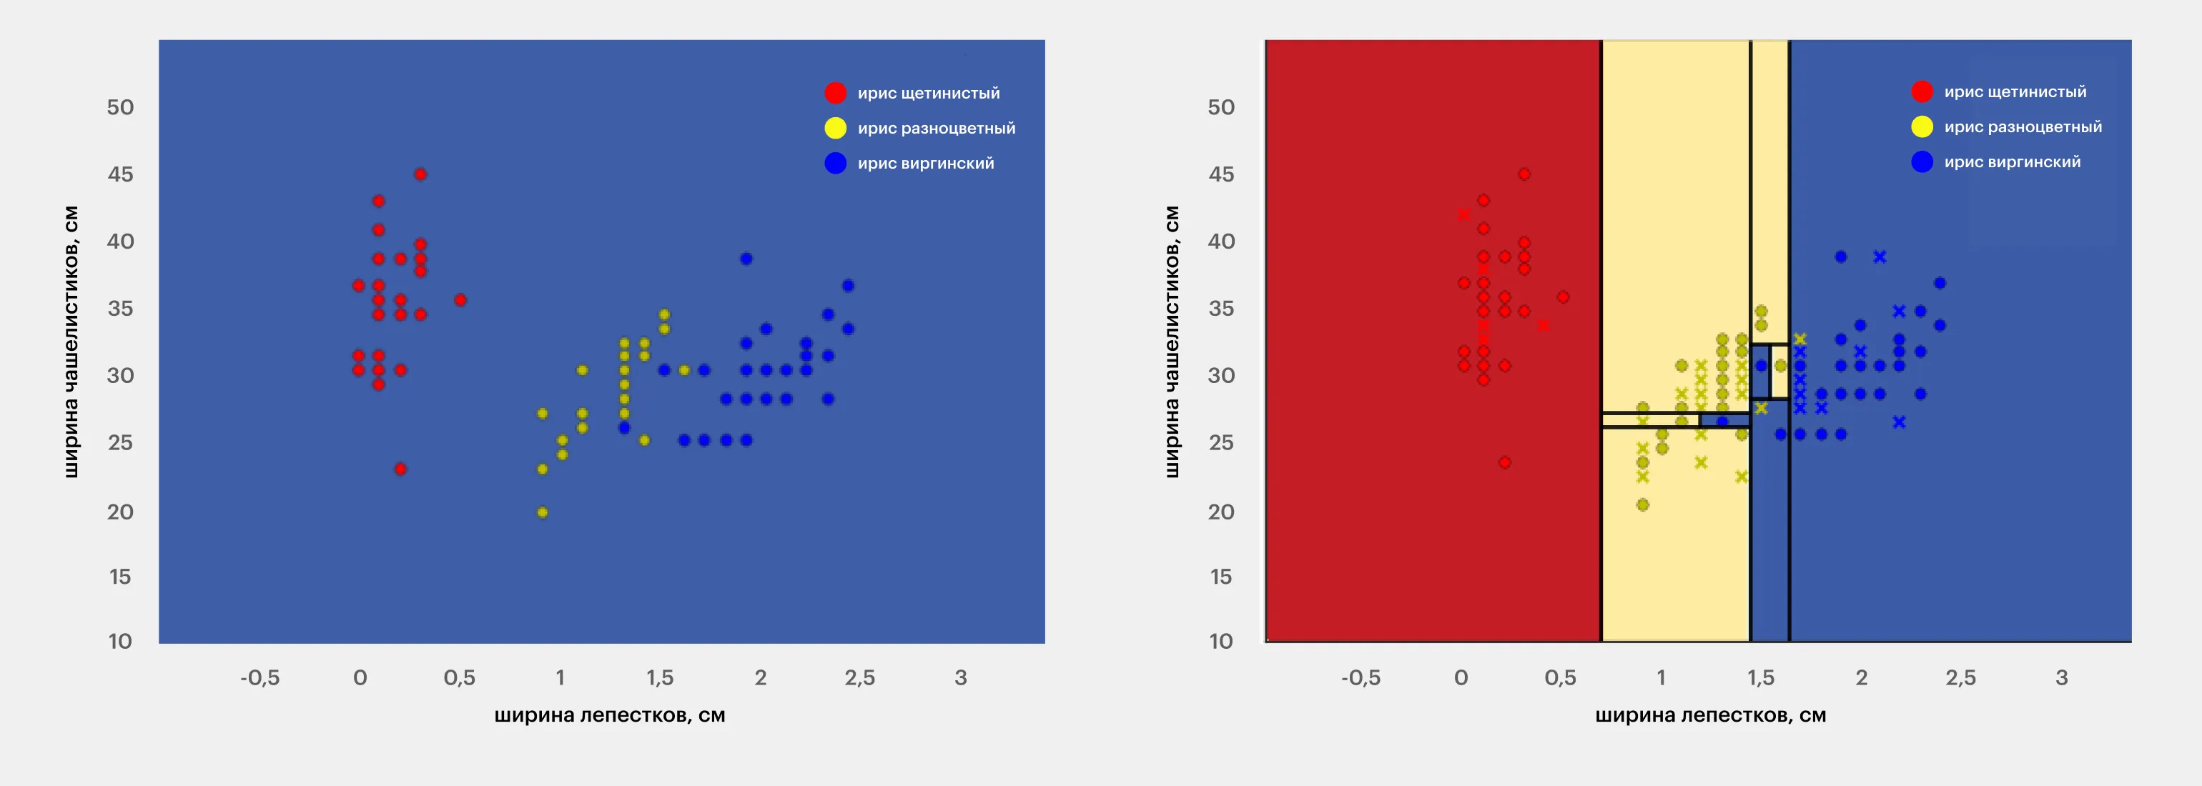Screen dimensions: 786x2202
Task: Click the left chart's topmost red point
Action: click(x=420, y=174)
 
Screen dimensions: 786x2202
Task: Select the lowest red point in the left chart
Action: click(x=400, y=469)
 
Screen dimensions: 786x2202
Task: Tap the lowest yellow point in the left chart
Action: click(x=542, y=512)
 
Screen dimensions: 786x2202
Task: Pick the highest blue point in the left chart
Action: click(x=746, y=259)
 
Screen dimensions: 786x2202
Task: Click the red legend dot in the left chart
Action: click(x=835, y=93)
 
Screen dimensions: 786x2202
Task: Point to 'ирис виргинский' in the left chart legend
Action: click(x=926, y=163)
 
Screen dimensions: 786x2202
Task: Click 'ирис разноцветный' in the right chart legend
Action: click(x=2023, y=127)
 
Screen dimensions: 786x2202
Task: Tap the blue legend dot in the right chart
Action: click(x=1922, y=161)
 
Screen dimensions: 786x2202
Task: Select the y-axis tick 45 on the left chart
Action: click(x=121, y=174)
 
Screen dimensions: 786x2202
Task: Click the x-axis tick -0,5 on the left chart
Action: click(x=260, y=677)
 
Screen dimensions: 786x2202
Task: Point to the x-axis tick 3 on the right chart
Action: click(x=2061, y=677)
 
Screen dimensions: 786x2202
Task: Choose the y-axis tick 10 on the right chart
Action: click(x=1220, y=641)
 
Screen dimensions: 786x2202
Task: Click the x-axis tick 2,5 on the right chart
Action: click(x=1960, y=677)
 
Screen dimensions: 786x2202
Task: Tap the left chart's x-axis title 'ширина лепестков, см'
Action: click(x=609, y=715)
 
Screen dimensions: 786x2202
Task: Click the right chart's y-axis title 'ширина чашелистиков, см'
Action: click(x=1172, y=342)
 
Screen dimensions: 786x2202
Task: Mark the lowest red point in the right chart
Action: click(x=1504, y=462)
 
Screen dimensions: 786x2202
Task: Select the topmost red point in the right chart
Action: click(x=1524, y=174)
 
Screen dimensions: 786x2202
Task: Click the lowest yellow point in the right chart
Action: click(x=1642, y=505)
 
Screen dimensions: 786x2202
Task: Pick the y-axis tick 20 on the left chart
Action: click(x=121, y=512)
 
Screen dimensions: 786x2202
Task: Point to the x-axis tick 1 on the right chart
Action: click(x=1661, y=677)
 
